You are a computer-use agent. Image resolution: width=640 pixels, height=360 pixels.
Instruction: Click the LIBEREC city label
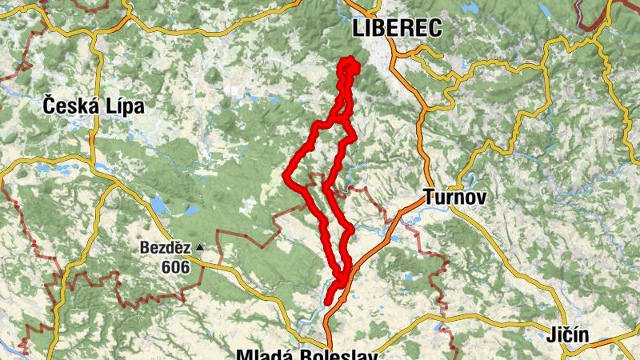(397, 29)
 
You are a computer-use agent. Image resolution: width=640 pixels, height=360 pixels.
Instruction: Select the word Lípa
(124, 105)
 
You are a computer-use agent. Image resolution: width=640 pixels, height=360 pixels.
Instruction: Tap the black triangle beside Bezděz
(199, 248)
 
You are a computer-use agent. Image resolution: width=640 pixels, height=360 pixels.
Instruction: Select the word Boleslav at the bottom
(336, 353)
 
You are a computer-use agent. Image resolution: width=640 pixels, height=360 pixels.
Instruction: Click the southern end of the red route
(328, 301)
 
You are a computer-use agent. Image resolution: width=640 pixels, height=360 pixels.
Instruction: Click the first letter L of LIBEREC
(358, 29)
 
